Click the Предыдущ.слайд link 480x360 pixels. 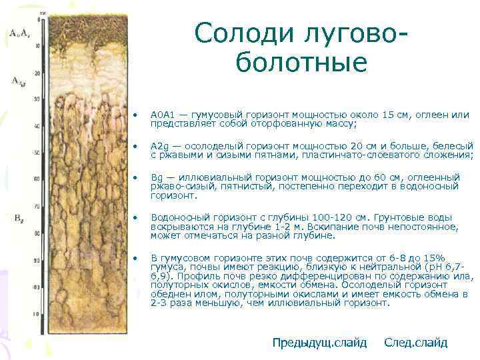pos(319,343)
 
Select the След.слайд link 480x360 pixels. pos(415,343)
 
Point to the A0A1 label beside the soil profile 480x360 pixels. pos(18,32)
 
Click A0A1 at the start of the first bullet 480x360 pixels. pos(163,115)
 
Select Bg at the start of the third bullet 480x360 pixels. pos(157,177)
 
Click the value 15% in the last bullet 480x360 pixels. pos(434,257)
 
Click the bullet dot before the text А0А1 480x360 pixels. pos(136,116)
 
